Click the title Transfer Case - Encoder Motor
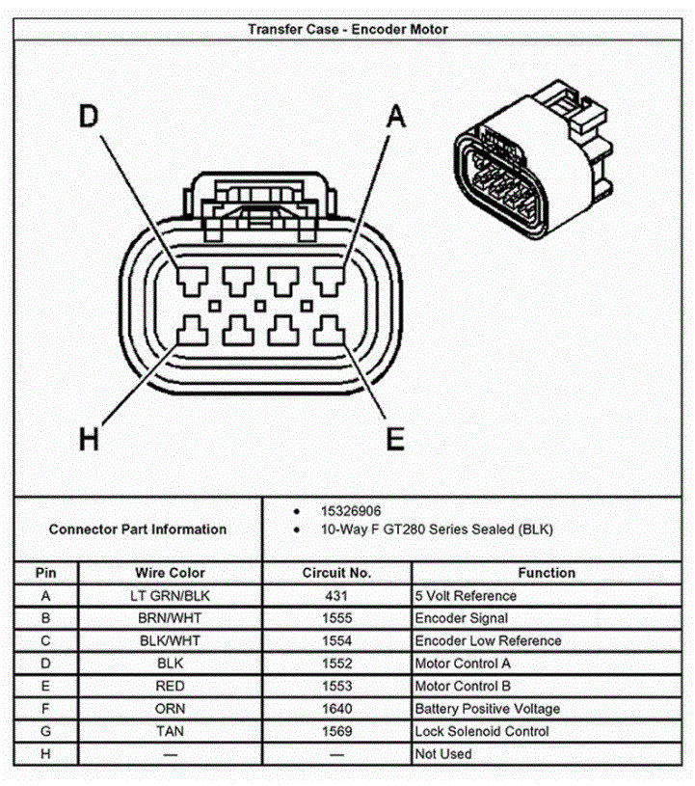point(347,29)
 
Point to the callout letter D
point(89,117)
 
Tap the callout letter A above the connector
point(395,117)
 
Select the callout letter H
point(89,440)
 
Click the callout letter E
point(395,440)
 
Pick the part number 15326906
point(355,510)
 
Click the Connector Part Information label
point(138,529)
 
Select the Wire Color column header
point(170,573)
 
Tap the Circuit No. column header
point(336,573)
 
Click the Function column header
point(547,573)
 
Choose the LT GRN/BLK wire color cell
point(170,596)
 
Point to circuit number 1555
point(336,618)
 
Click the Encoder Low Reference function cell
point(488,641)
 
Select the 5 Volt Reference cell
point(466,596)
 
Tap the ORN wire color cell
point(170,709)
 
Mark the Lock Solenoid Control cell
point(481,731)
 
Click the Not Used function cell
point(443,753)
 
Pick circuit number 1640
point(336,709)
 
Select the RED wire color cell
point(170,686)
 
